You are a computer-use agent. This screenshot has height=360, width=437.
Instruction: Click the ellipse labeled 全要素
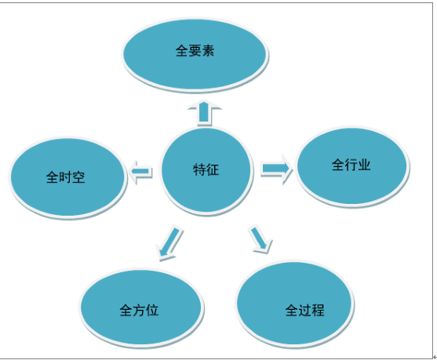[195, 54]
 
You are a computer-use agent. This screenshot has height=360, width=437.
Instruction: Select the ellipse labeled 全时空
[67, 177]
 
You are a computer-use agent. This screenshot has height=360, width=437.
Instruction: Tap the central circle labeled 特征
[206, 170]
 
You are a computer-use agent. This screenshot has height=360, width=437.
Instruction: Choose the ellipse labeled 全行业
[352, 166]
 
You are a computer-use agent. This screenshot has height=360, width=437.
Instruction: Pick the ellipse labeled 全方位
[141, 307]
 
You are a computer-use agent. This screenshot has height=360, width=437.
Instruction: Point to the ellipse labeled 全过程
[294, 304]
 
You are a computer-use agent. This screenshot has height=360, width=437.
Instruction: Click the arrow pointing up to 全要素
[204, 113]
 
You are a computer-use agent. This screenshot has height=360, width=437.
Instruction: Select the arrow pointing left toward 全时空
[140, 172]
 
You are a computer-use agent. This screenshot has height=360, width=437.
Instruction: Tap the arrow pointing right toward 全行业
[276, 169]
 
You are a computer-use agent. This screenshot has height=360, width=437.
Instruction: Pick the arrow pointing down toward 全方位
[169, 242]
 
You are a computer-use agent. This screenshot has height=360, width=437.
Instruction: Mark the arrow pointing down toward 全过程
[260, 238]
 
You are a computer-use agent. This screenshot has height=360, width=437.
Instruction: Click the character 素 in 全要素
[208, 51]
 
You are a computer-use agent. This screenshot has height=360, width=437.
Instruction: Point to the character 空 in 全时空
[78, 177]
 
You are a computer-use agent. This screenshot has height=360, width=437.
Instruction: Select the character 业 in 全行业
[364, 165]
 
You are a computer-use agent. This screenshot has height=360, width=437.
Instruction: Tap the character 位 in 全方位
[152, 310]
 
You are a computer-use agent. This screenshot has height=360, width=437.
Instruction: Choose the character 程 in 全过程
[318, 310]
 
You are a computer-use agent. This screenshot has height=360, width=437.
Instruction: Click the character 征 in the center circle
[213, 169]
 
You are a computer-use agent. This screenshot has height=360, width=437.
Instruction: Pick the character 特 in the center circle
[199, 169]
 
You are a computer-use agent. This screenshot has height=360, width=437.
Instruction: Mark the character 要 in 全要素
[195, 51]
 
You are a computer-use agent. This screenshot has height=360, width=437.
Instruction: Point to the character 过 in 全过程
[305, 310]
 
